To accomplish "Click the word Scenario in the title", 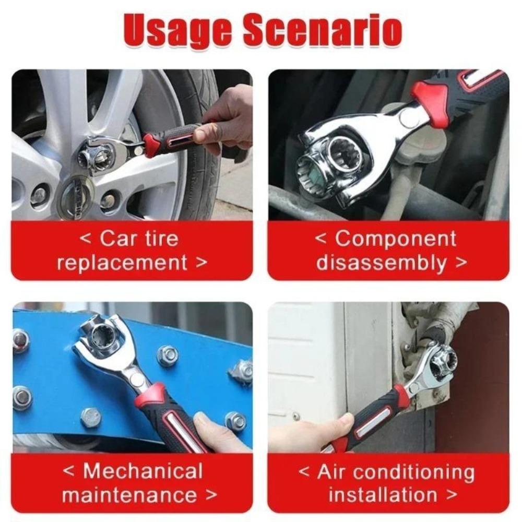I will [x=322, y=32].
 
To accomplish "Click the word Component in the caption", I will [x=396, y=239].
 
